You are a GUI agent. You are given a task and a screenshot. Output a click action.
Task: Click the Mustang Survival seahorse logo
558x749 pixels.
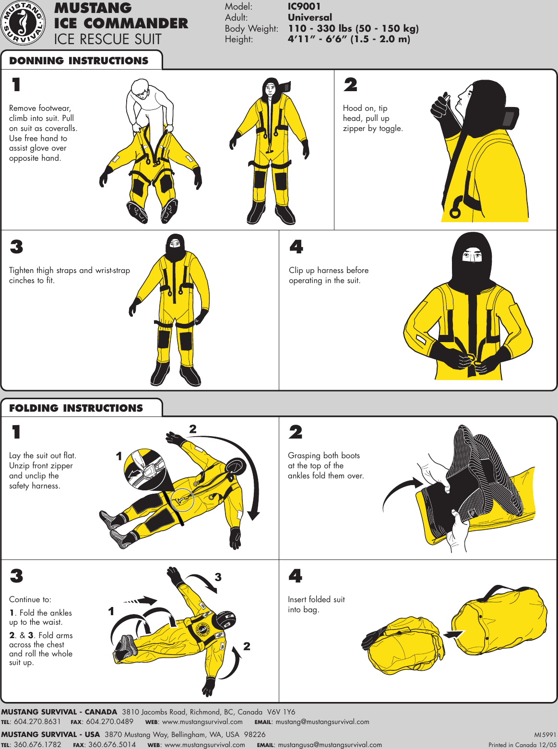click(24, 24)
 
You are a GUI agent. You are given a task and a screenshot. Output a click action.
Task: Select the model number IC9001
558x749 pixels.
click(304, 6)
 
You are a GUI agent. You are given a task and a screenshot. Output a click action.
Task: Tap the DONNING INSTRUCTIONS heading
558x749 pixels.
click(79, 61)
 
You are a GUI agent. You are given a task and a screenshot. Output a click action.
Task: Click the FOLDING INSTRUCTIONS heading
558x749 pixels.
click(76, 408)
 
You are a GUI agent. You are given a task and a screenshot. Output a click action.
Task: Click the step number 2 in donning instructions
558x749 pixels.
click(350, 85)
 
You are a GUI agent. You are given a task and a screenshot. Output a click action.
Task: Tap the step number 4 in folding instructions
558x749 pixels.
click(295, 576)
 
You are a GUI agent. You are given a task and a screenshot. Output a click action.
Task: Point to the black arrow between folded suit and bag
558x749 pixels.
click(453, 634)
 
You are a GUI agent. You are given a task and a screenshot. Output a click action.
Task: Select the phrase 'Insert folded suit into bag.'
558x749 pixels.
click(316, 605)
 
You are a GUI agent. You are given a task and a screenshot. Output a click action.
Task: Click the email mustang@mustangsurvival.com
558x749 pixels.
click(322, 722)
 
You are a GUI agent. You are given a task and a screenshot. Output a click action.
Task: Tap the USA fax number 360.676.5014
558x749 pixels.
click(112, 745)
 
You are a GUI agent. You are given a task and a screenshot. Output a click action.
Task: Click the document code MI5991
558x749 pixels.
click(545, 735)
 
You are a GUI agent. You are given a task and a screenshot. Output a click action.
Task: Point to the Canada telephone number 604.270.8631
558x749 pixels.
click(37, 722)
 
